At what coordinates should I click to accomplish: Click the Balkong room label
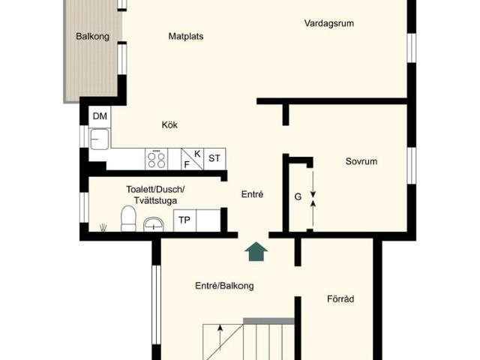tap(92, 36)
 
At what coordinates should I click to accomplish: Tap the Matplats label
tap(186, 36)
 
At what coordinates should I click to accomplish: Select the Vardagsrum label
tap(328, 23)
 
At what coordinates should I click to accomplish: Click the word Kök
tap(169, 125)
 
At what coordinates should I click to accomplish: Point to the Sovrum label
tap(361, 161)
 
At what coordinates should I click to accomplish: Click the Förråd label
tap(340, 298)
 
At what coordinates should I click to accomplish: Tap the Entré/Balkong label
tap(224, 286)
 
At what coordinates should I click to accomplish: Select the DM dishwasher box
tap(100, 116)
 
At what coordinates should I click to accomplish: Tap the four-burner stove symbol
tap(157, 159)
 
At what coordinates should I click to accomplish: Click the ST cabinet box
tap(214, 158)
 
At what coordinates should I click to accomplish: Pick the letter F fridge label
tap(187, 163)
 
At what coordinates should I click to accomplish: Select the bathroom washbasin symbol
tap(154, 223)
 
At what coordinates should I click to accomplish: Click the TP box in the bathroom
tap(184, 220)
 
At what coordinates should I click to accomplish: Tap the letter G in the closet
tap(298, 197)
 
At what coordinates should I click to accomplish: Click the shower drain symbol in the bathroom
tap(103, 226)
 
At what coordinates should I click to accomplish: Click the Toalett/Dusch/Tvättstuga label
tap(154, 195)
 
